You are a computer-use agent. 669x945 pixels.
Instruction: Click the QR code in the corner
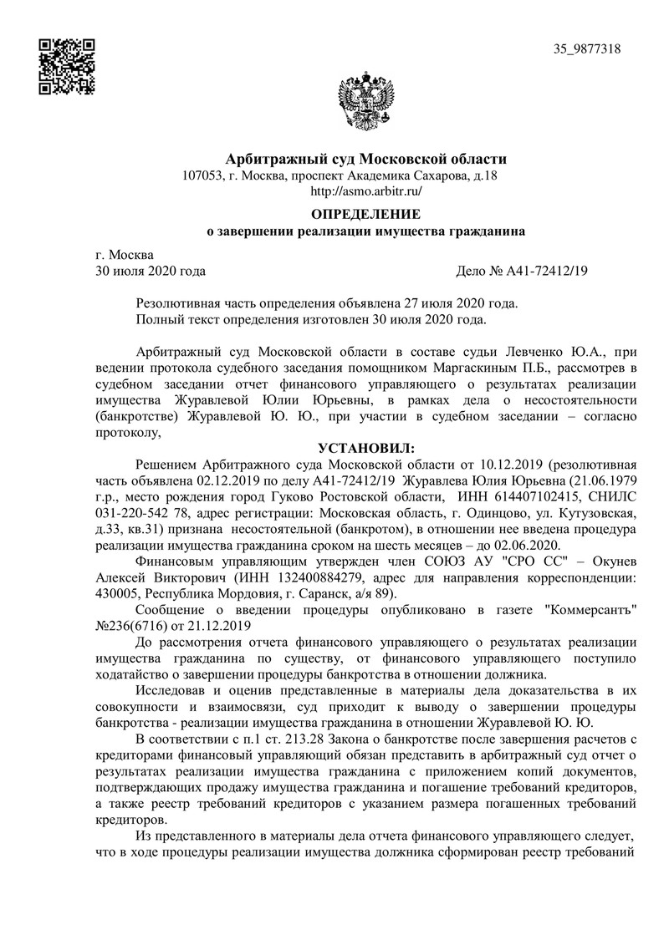68,64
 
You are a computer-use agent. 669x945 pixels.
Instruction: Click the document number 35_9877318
586,49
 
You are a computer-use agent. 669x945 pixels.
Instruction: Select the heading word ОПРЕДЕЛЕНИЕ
366,215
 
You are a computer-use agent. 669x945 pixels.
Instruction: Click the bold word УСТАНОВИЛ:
365,449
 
